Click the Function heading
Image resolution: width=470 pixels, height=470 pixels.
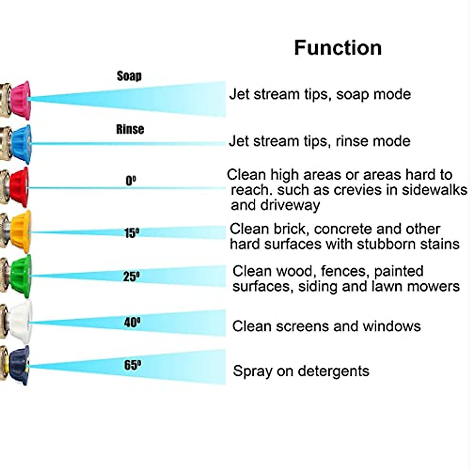pyautogui.click(x=338, y=48)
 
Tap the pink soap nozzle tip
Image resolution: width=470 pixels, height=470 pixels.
pyautogui.click(x=20, y=100)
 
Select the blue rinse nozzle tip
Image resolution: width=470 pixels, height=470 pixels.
pyautogui.click(x=21, y=144)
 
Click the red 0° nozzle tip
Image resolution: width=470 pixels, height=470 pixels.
pyautogui.click(x=19, y=187)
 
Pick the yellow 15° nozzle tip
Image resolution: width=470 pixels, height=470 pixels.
pyautogui.click(x=20, y=231)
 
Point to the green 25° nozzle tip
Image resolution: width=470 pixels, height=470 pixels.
pyautogui.click(x=20, y=276)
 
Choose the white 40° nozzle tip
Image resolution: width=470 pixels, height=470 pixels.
pyautogui.click(x=20, y=322)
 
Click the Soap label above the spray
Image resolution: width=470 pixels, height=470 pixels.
pyautogui.click(x=129, y=76)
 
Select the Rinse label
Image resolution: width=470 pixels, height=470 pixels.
pyautogui.click(x=130, y=129)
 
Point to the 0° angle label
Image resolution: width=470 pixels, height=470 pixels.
pyautogui.click(x=131, y=181)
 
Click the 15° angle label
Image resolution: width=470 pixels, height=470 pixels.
pyautogui.click(x=132, y=233)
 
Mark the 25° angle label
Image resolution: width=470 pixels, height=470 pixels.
pyautogui.click(x=132, y=277)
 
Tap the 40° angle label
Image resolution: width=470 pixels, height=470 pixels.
pyautogui.click(x=132, y=322)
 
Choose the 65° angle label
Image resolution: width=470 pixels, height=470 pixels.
pyautogui.click(x=133, y=365)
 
